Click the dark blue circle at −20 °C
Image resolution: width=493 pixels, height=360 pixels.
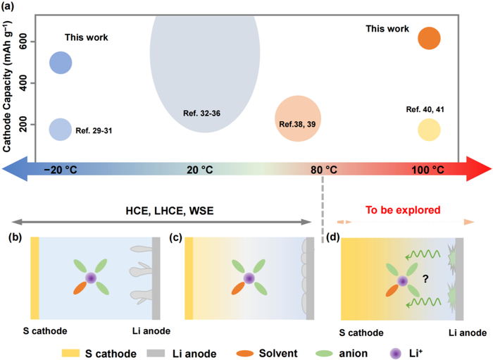point(61,63)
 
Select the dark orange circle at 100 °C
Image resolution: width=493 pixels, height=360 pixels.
point(429,39)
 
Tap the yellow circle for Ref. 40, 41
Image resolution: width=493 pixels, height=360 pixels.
point(429,130)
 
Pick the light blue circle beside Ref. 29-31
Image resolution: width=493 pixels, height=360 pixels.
point(61,129)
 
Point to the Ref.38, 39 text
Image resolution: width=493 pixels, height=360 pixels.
point(298,124)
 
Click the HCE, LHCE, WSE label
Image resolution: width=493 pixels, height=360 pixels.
point(168,210)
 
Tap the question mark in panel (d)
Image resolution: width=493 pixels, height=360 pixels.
point(425,279)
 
